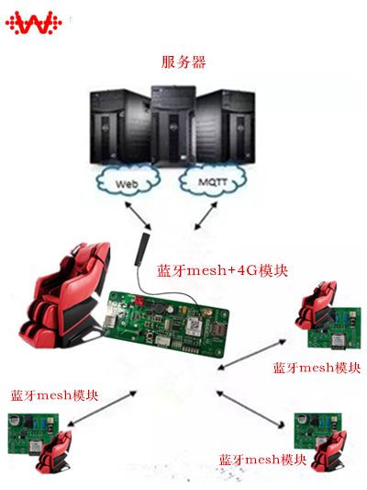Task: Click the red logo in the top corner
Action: (x=33, y=23)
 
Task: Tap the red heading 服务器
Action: (x=183, y=62)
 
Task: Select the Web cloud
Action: (x=128, y=181)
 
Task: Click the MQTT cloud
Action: (x=213, y=180)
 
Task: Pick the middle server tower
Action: (x=173, y=126)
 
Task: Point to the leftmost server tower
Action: (x=120, y=126)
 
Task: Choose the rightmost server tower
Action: (x=226, y=126)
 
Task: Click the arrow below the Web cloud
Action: (x=138, y=216)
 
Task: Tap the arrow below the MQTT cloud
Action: (x=206, y=216)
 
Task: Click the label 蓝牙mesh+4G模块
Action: (x=222, y=270)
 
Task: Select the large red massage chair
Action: (x=65, y=295)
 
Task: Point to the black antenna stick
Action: (x=141, y=249)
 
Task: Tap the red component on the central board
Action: (x=139, y=302)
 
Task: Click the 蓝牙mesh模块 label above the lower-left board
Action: (x=54, y=395)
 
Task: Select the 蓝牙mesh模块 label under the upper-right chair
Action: (x=317, y=368)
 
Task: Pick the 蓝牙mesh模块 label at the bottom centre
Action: (x=262, y=460)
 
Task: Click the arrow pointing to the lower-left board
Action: (x=102, y=408)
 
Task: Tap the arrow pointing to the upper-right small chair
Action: (x=252, y=355)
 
